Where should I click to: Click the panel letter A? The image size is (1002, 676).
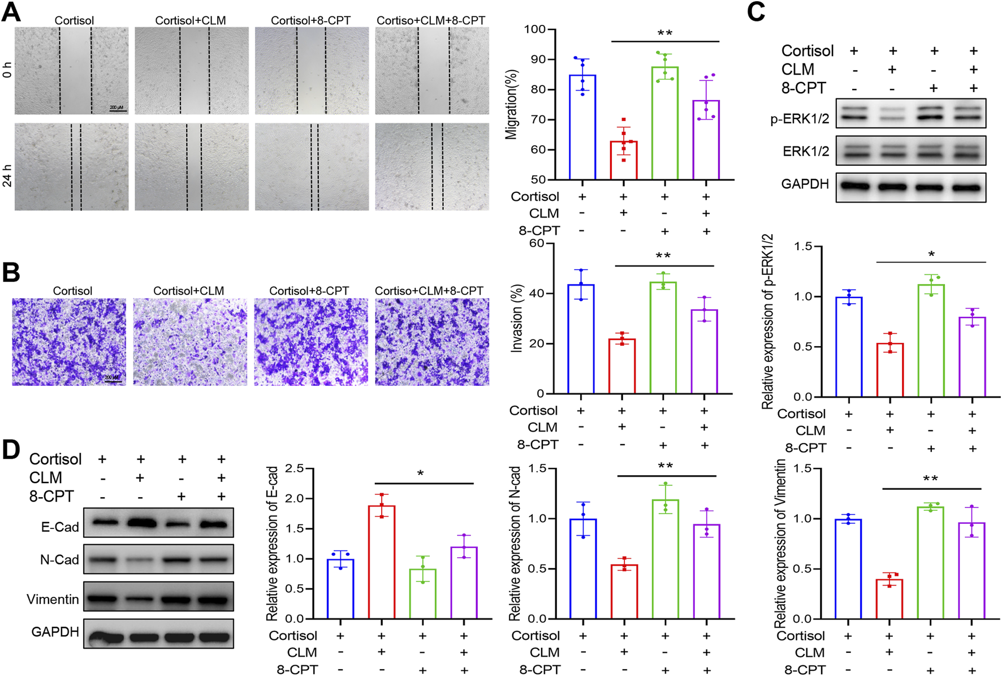(x=11, y=12)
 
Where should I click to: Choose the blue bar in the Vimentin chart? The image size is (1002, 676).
(x=848, y=569)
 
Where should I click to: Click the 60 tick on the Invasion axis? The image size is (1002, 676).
(x=536, y=244)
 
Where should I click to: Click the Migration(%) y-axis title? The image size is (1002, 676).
(x=512, y=105)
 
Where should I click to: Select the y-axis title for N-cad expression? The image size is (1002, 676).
(x=515, y=543)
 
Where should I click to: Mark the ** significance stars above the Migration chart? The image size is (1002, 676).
(x=665, y=33)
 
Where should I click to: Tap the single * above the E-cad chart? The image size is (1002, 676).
(x=421, y=473)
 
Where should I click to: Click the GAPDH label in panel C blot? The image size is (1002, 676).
(x=805, y=184)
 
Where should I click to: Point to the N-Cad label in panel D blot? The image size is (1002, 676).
(x=59, y=559)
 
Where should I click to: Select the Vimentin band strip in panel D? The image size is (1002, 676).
(x=158, y=599)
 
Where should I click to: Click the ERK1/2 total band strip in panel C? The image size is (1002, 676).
(x=910, y=150)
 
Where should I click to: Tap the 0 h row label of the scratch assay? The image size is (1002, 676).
(x=7, y=70)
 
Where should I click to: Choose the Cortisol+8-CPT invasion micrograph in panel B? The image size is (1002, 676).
(x=310, y=342)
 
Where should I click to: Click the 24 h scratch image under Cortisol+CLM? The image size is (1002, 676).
(x=192, y=167)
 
